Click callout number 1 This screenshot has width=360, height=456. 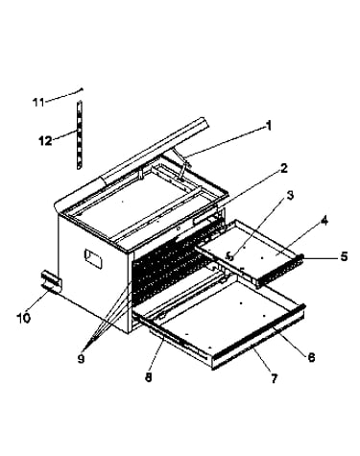click(x=269, y=126)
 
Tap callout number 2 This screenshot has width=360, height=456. click(x=283, y=168)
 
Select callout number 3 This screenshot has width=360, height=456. click(x=290, y=195)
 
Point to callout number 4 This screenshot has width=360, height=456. click(x=324, y=221)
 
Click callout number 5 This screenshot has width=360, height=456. click(x=344, y=256)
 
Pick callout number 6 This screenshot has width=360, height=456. click(x=311, y=357)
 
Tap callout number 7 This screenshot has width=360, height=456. click(x=274, y=378)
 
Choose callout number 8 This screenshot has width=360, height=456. click(x=148, y=377)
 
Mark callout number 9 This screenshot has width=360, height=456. click(x=81, y=359)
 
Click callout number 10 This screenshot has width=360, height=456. click(x=24, y=318)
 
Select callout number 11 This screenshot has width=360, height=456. click(x=38, y=103)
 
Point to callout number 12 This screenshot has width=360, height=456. click(x=45, y=140)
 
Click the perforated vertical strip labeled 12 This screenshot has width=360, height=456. click(x=79, y=134)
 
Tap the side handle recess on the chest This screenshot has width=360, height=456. click(x=93, y=258)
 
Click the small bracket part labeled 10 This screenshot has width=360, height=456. click(x=50, y=282)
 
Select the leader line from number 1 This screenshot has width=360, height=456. click(x=225, y=142)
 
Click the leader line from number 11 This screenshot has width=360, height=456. click(x=64, y=95)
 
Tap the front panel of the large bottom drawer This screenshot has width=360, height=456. click(x=258, y=338)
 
